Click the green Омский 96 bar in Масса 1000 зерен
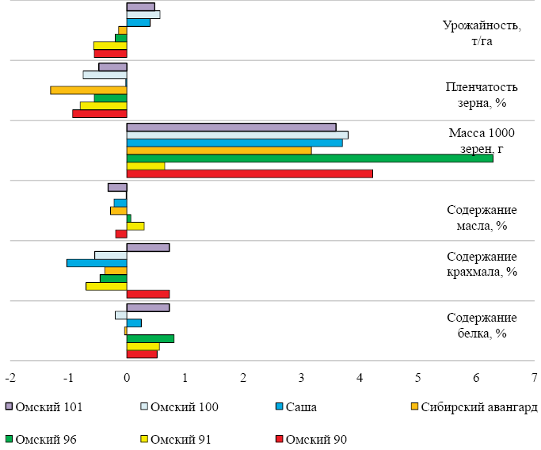pos(309,158)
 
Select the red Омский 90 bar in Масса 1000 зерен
pos(250,174)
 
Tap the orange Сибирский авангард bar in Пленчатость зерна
pos(89,90)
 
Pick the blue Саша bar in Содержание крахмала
pos(97,263)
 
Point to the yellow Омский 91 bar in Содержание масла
pos(135,226)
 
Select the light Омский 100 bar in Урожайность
pos(143,14)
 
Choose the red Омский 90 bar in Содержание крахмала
pos(148,294)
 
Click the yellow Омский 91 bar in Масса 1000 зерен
pos(146,166)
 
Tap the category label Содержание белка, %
pos(482,326)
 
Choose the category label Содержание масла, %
pos(482,218)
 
